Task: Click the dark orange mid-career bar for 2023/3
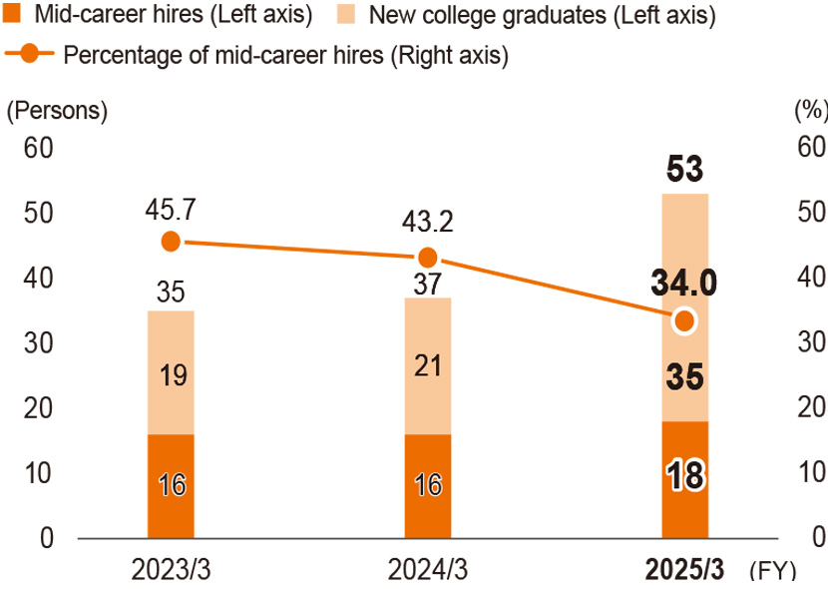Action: [171, 486]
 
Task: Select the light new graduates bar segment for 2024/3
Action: [428, 365]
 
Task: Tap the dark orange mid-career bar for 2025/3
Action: [684, 479]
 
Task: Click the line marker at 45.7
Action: [171, 241]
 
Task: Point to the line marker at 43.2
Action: [428, 257]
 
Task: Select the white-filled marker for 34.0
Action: [684, 320]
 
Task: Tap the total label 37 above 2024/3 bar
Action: [428, 286]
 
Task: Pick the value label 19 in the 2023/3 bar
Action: [171, 375]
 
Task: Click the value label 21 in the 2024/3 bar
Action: [428, 366]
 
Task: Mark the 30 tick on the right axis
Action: [811, 342]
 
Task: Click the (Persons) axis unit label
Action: [57, 111]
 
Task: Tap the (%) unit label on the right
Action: [809, 111]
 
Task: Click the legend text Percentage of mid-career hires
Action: [285, 55]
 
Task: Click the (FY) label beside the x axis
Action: [771, 570]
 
